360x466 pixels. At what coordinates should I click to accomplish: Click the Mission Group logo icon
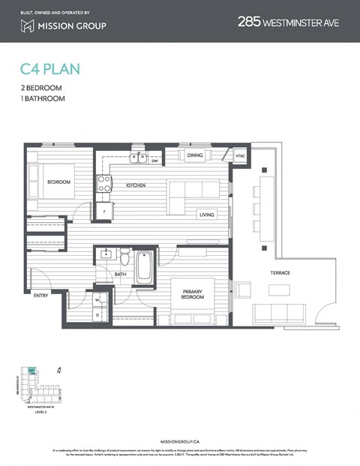coord(28,26)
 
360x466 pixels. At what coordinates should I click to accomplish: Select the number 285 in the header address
coord(250,23)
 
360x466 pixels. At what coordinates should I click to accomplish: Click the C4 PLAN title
coord(50,70)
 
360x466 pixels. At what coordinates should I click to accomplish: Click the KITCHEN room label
coord(136,185)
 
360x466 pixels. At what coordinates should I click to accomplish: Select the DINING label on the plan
coord(195,155)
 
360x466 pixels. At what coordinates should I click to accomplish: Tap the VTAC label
coord(240,156)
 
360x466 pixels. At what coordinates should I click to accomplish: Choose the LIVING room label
coord(207,215)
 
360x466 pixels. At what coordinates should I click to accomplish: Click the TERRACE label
coord(280,272)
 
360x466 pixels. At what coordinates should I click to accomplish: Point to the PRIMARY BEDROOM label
coord(193,292)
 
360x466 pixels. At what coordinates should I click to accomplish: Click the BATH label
coord(120,275)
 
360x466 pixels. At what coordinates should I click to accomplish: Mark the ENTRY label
coord(41,296)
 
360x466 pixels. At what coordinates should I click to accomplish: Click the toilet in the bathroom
coord(125,257)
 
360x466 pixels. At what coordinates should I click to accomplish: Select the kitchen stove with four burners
coord(104,183)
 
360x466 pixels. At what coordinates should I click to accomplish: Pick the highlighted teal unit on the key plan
coord(32,370)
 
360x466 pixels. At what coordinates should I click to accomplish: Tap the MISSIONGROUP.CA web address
coord(180,443)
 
